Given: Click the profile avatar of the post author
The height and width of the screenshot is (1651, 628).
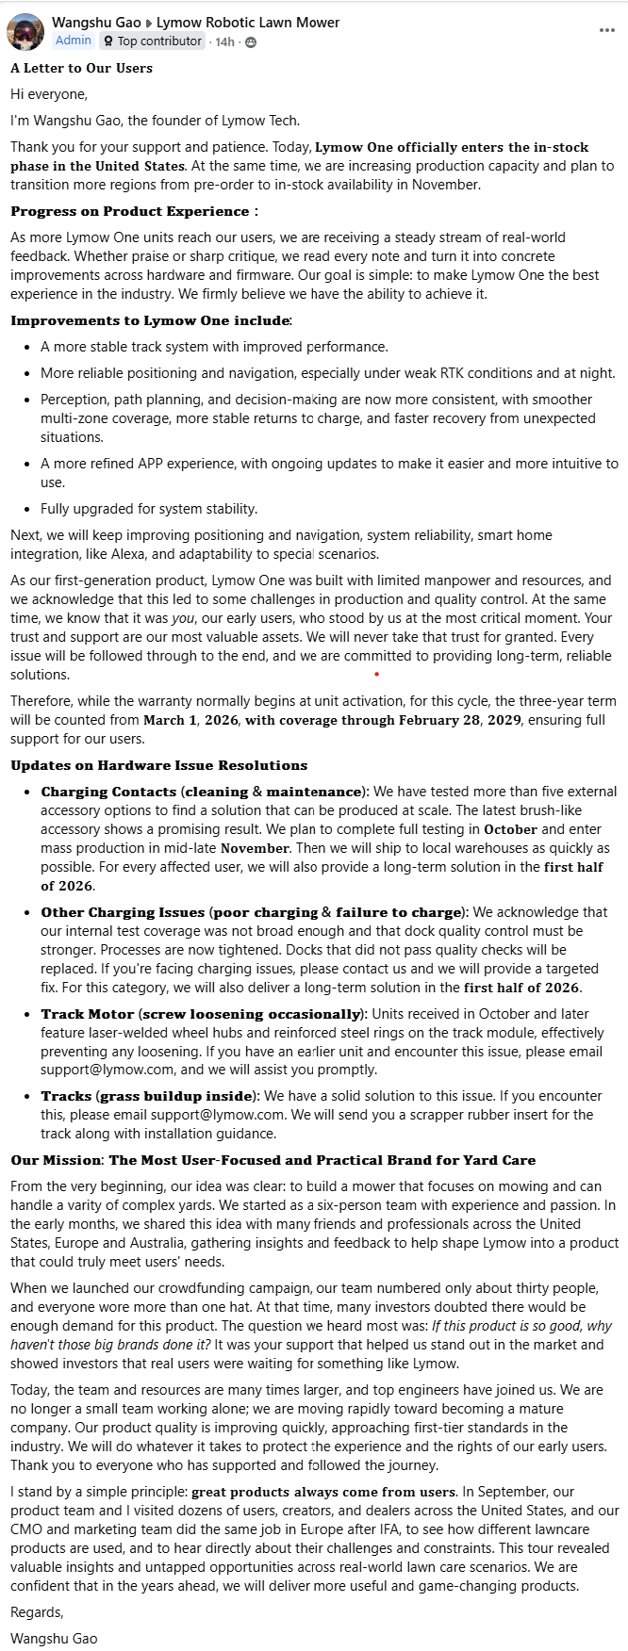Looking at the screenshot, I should tap(25, 31).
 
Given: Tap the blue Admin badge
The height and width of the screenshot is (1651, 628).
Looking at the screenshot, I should tap(73, 41).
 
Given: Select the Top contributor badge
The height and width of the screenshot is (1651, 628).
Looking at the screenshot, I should tap(152, 41).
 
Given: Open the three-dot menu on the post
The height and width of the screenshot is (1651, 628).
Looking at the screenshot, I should tap(606, 30).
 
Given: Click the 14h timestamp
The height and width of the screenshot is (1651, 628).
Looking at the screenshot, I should tap(224, 41).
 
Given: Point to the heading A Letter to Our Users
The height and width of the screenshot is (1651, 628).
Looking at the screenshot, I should tap(81, 68).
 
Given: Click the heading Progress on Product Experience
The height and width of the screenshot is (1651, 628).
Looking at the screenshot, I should tap(130, 211).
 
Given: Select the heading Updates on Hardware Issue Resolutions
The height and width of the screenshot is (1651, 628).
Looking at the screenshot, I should tap(158, 765).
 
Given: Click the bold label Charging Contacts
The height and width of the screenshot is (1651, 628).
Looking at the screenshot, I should tap(108, 792).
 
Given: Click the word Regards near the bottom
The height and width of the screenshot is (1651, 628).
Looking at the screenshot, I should tap(37, 1612).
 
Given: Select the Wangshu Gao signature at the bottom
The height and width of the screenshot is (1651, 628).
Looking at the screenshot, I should tap(54, 1639).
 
